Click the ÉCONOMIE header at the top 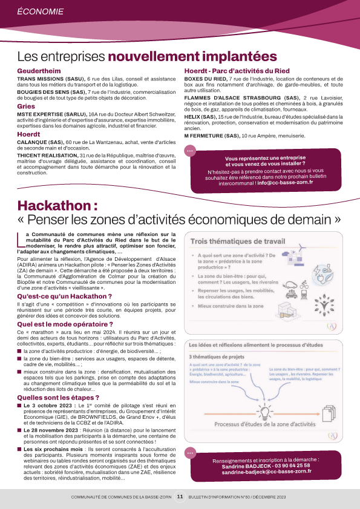(40, 11)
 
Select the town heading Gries (26, 106)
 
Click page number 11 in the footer (180, 496)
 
